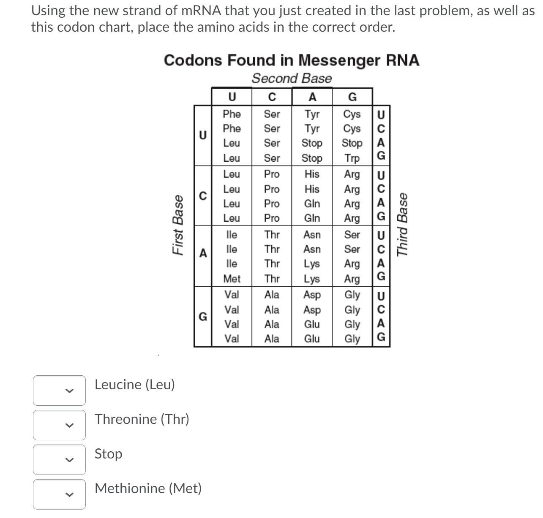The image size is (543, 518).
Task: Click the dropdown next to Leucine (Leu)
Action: coord(59,391)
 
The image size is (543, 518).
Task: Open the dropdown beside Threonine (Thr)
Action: coord(59,425)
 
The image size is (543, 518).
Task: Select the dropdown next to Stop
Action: coord(59,459)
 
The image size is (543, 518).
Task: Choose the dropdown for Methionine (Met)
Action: coord(59,494)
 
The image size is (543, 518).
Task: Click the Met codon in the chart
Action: coord(232,279)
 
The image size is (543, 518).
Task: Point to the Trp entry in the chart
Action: coord(352,158)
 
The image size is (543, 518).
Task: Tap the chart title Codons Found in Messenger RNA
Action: coord(291,60)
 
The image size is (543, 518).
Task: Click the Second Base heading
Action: coord(292,79)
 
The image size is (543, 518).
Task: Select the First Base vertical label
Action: coord(178,225)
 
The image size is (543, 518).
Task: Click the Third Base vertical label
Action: coord(403,224)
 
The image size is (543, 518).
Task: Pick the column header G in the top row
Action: coord(352,97)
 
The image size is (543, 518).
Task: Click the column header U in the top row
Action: coord(232,97)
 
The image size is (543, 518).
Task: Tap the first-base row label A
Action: coord(203,253)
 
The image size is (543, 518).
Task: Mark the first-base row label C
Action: coord(203,196)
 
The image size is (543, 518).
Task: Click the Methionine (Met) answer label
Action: coord(148,488)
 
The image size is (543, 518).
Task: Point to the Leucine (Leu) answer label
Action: coord(134,385)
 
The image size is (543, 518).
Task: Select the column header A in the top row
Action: coord(312,97)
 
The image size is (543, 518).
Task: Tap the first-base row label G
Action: coord(203,316)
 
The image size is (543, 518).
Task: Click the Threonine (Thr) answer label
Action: coord(142,419)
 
